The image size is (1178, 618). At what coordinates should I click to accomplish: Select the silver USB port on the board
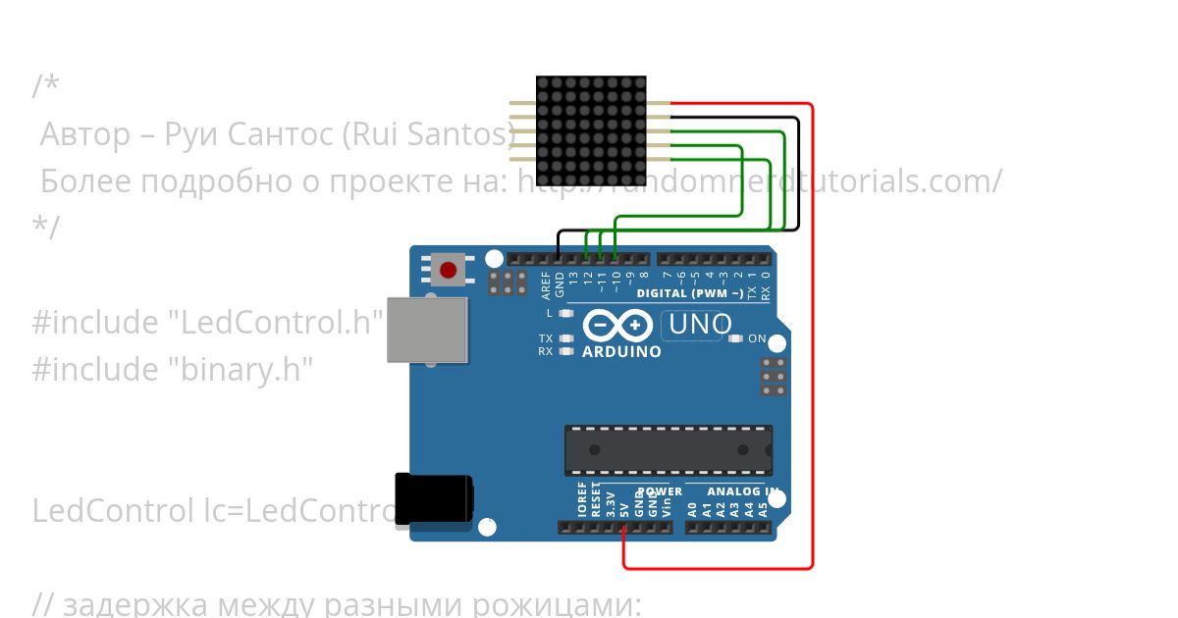click(427, 330)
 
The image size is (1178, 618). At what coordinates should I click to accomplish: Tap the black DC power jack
click(433, 503)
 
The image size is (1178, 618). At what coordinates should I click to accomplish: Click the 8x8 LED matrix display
click(591, 130)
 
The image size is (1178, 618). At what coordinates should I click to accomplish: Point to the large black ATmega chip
click(668, 450)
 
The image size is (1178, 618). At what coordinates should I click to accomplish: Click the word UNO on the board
click(700, 325)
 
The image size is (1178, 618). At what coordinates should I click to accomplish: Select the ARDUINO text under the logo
click(621, 351)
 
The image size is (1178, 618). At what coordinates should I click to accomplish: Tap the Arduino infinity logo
click(617, 325)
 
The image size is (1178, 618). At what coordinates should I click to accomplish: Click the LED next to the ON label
click(735, 338)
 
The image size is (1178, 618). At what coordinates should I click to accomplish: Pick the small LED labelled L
click(565, 314)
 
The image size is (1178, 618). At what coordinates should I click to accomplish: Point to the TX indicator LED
click(565, 338)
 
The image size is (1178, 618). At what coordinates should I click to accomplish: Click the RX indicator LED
click(565, 350)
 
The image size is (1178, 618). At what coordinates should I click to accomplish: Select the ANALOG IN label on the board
click(743, 491)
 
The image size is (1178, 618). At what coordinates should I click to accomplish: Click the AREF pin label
click(547, 285)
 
